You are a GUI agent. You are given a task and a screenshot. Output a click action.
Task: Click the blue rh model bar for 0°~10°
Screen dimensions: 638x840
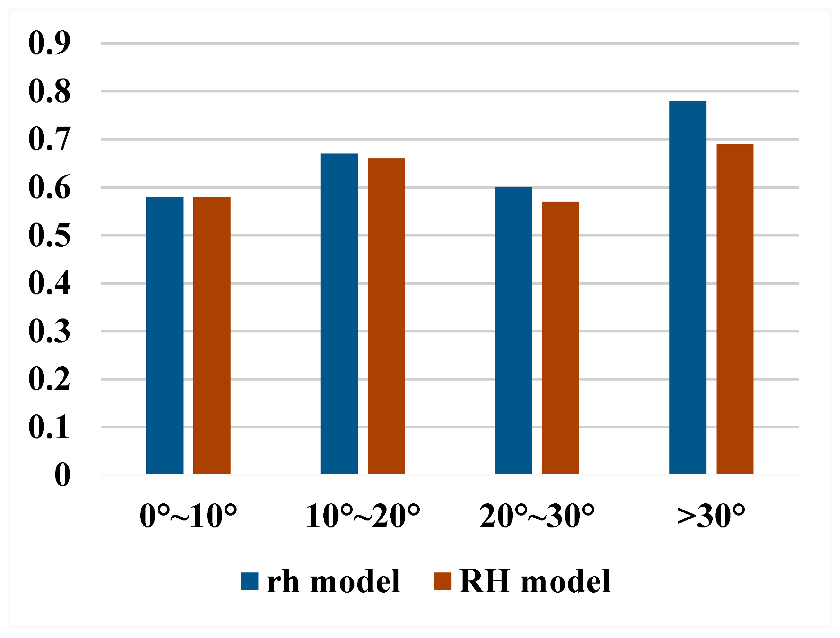coord(165,335)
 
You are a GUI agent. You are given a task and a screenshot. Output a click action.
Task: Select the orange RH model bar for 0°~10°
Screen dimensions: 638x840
coord(212,335)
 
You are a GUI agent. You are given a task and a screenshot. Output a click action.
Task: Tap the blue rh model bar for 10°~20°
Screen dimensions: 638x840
coord(339,314)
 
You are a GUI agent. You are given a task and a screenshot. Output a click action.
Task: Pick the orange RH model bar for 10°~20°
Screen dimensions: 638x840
coord(386,316)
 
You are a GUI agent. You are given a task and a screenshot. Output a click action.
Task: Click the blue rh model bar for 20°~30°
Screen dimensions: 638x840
coord(513,330)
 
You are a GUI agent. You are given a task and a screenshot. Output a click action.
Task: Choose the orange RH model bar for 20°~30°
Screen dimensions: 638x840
coord(561,338)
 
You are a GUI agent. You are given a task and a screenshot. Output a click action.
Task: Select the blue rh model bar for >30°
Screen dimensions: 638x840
coord(688,287)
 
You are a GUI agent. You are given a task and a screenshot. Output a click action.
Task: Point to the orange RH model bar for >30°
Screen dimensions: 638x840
coord(735,309)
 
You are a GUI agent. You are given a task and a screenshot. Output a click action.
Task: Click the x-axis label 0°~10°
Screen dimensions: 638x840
coord(188,517)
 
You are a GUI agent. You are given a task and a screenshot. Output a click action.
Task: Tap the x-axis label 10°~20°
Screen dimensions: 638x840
coord(363,517)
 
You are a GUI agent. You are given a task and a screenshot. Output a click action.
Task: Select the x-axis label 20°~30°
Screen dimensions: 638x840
coord(537,517)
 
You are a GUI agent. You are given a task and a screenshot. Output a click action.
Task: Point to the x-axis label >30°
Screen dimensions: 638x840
coord(711,517)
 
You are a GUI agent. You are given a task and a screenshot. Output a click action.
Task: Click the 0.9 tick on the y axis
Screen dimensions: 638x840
coord(50,43)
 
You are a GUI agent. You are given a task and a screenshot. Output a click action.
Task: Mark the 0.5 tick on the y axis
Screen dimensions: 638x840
coord(50,235)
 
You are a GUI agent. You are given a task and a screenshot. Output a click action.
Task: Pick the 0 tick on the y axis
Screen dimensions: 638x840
coord(63,475)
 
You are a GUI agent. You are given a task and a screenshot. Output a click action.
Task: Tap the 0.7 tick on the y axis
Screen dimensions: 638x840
coord(50,139)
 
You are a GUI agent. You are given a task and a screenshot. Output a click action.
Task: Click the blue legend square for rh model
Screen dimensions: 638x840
coord(249,581)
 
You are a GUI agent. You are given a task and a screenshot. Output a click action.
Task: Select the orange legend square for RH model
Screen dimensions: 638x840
coord(443,581)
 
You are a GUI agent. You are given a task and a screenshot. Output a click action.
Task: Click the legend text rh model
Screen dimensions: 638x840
coord(333,581)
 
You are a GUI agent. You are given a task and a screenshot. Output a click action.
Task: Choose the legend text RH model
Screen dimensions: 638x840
coord(535,581)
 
